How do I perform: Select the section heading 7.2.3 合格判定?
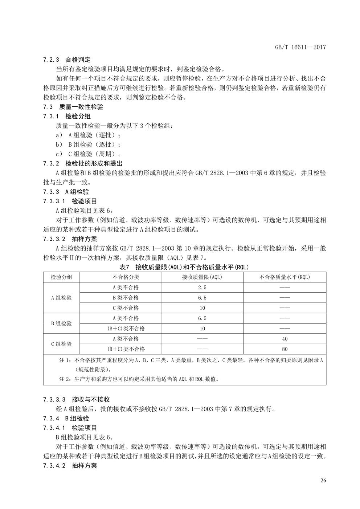pyautogui.click(x=67, y=60)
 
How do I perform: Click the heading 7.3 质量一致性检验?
pyautogui.click(x=73, y=107)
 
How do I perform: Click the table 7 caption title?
pyautogui.click(x=184, y=267)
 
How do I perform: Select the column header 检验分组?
pyautogui.click(x=61, y=277)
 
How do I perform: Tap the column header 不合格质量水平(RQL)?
pyautogui.click(x=285, y=277)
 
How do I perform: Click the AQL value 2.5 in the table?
pyautogui.click(x=202, y=288)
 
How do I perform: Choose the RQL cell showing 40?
pyautogui.click(x=285, y=339)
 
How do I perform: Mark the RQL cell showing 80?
pyautogui.click(x=285, y=349)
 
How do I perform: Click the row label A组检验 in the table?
pyautogui.click(x=61, y=298)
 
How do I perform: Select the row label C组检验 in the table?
pyautogui.click(x=61, y=344)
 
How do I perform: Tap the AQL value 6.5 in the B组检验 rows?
pyautogui.click(x=202, y=318)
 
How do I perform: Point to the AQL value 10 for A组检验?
pyautogui.click(x=202, y=308)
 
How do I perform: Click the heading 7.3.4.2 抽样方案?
pyautogui.click(x=70, y=466)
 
